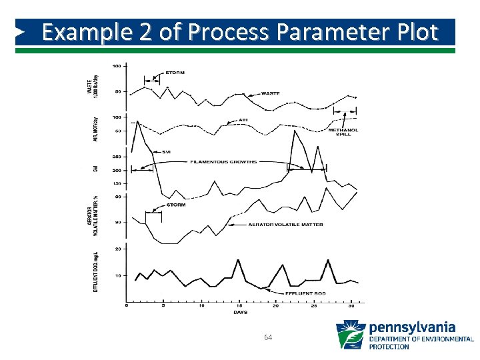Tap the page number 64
pyautogui.click(x=268, y=338)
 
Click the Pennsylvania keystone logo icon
pyautogui.click(x=350, y=335)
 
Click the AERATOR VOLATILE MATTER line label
pyautogui.click(x=285, y=225)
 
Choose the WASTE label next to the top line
pyautogui.click(x=270, y=93)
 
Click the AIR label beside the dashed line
pyautogui.click(x=243, y=121)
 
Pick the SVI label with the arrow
pyautogui.click(x=166, y=152)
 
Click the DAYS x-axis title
pyautogui.click(x=240, y=312)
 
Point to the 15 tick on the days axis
pyautogui.click(x=238, y=305)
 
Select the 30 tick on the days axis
pyautogui.click(x=351, y=305)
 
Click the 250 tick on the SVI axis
pyautogui.click(x=116, y=157)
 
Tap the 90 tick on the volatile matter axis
pyautogui.click(x=117, y=197)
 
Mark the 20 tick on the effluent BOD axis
pyautogui.click(x=117, y=249)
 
